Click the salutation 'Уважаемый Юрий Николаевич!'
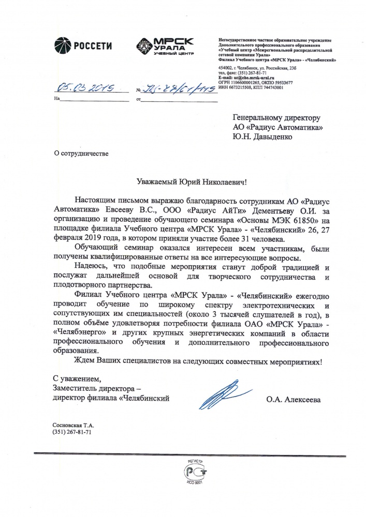193,181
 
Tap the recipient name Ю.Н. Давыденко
262,137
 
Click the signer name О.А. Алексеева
294,400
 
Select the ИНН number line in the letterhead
251,87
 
